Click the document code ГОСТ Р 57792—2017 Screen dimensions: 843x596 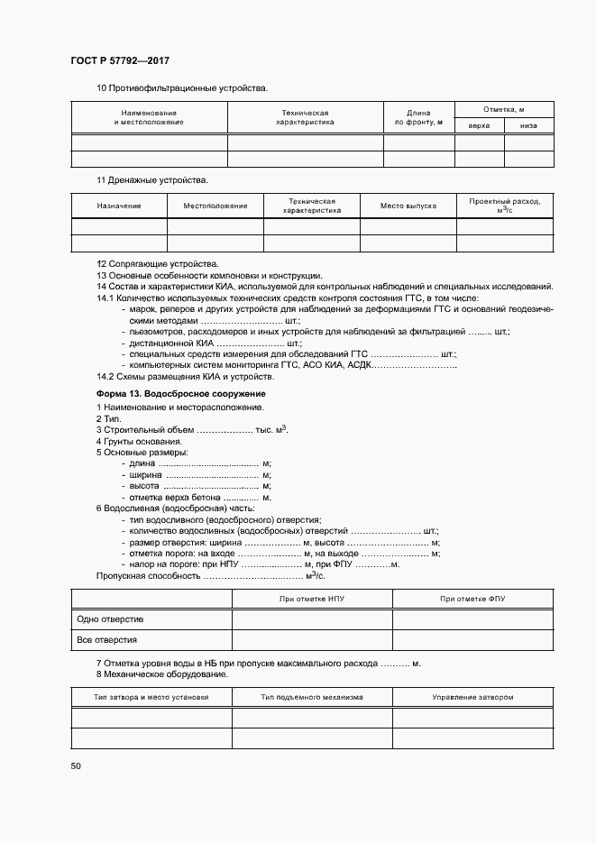click(x=120, y=60)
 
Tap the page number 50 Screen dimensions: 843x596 click(x=76, y=765)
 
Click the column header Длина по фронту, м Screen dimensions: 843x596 click(x=418, y=117)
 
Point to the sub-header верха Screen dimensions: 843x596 click(x=480, y=125)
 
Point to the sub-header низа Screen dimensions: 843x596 click(x=528, y=125)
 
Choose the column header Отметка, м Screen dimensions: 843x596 click(x=504, y=108)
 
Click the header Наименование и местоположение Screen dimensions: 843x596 click(x=149, y=117)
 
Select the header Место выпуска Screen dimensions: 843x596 click(x=408, y=206)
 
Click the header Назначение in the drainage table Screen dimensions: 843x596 click(x=119, y=206)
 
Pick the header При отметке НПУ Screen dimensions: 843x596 click(x=312, y=598)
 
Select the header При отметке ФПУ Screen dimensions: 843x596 click(x=472, y=598)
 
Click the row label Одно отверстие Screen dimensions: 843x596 click(x=110, y=619)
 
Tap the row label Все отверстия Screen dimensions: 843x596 click(x=107, y=639)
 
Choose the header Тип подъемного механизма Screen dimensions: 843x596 click(x=312, y=697)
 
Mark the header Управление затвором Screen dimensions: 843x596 click(x=472, y=697)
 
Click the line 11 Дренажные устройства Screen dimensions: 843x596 click(x=152, y=179)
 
